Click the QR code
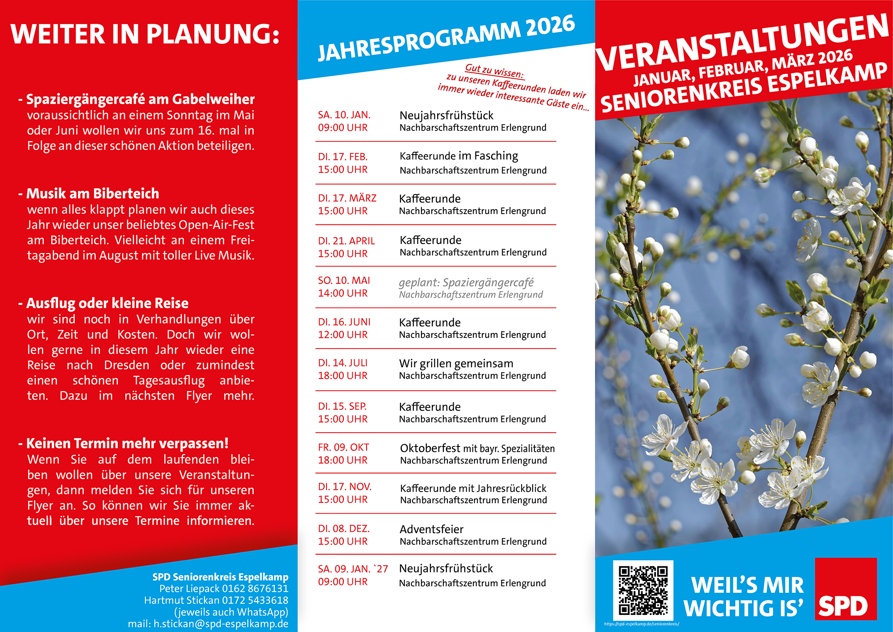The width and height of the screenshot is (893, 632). pyautogui.click(x=643, y=590)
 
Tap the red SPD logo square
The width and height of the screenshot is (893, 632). pyautogui.click(x=846, y=589)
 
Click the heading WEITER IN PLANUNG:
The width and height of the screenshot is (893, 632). pyautogui.click(x=145, y=34)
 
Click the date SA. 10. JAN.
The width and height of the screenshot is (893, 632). pyautogui.click(x=344, y=115)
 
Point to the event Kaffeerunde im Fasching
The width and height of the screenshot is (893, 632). pyautogui.click(x=459, y=156)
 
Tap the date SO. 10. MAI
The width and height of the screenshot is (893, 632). pyautogui.click(x=344, y=281)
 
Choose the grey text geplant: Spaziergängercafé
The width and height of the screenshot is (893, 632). pyautogui.click(x=466, y=282)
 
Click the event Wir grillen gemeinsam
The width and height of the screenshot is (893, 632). pyautogui.click(x=456, y=363)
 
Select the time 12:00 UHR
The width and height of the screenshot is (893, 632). pyautogui.click(x=342, y=335)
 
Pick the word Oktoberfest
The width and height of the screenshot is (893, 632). pyautogui.click(x=430, y=448)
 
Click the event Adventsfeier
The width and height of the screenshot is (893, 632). pyautogui.click(x=431, y=530)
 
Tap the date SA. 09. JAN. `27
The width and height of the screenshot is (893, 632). pyautogui.click(x=353, y=569)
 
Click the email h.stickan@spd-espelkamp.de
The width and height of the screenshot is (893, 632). pyautogui.click(x=221, y=624)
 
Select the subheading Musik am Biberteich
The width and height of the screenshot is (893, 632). pyautogui.click(x=92, y=194)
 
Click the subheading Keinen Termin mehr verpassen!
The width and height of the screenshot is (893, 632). pyautogui.click(x=127, y=443)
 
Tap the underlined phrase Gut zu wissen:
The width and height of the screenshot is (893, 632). pyautogui.click(x=494, y=71)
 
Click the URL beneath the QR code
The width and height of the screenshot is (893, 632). pyautogui.click(x=642, y=624)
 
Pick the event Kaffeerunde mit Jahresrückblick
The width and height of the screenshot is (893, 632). pyautogui.click(x=473, y=489)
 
